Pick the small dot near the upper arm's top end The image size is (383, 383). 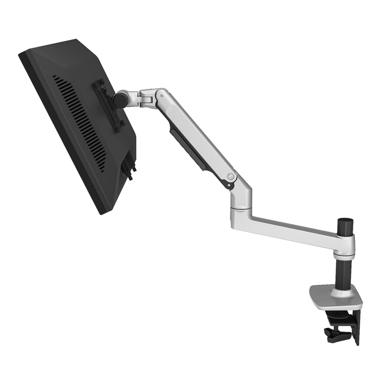161,96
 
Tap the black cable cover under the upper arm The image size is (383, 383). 187,150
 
